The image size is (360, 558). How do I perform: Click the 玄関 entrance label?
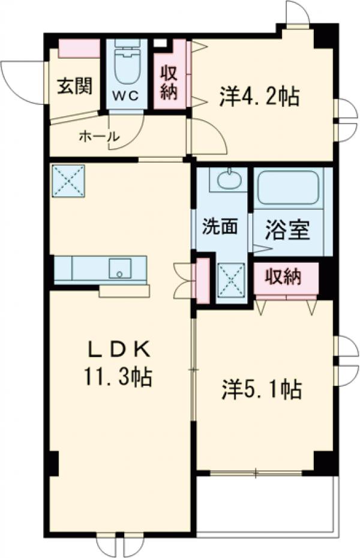tap(74, 87)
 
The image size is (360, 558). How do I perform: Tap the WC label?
tap(125, 94)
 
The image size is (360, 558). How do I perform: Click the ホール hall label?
tap(98, 136)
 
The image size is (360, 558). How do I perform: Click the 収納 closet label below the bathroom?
tap(284, 277)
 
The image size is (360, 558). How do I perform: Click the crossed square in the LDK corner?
tap(68, 181)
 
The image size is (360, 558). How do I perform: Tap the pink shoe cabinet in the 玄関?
tap(79, 48)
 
